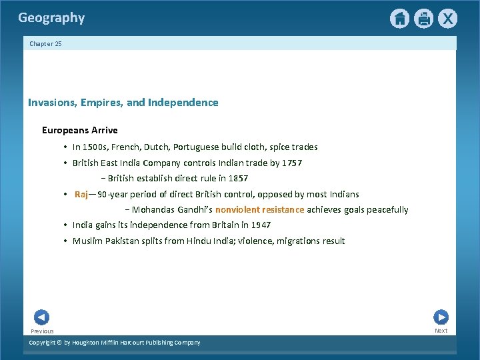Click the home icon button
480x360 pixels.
click(399, 19)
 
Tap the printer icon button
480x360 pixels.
click(423, 19)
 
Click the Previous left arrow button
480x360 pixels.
click(41, 317)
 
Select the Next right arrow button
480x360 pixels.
click(441, 317)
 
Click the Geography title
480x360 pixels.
click(51, 18)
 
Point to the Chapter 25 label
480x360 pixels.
click(45, 44)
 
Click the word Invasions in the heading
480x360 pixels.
click(52, 103)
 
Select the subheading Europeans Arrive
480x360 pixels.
click(79, 130)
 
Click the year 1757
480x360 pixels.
click(291, 163)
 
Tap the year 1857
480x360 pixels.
click(237, 178)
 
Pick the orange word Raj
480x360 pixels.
click(81, 194)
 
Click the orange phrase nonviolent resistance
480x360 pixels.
click(259, 209)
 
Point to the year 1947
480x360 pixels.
click(260, 225)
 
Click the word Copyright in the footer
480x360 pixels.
click(45, 343)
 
